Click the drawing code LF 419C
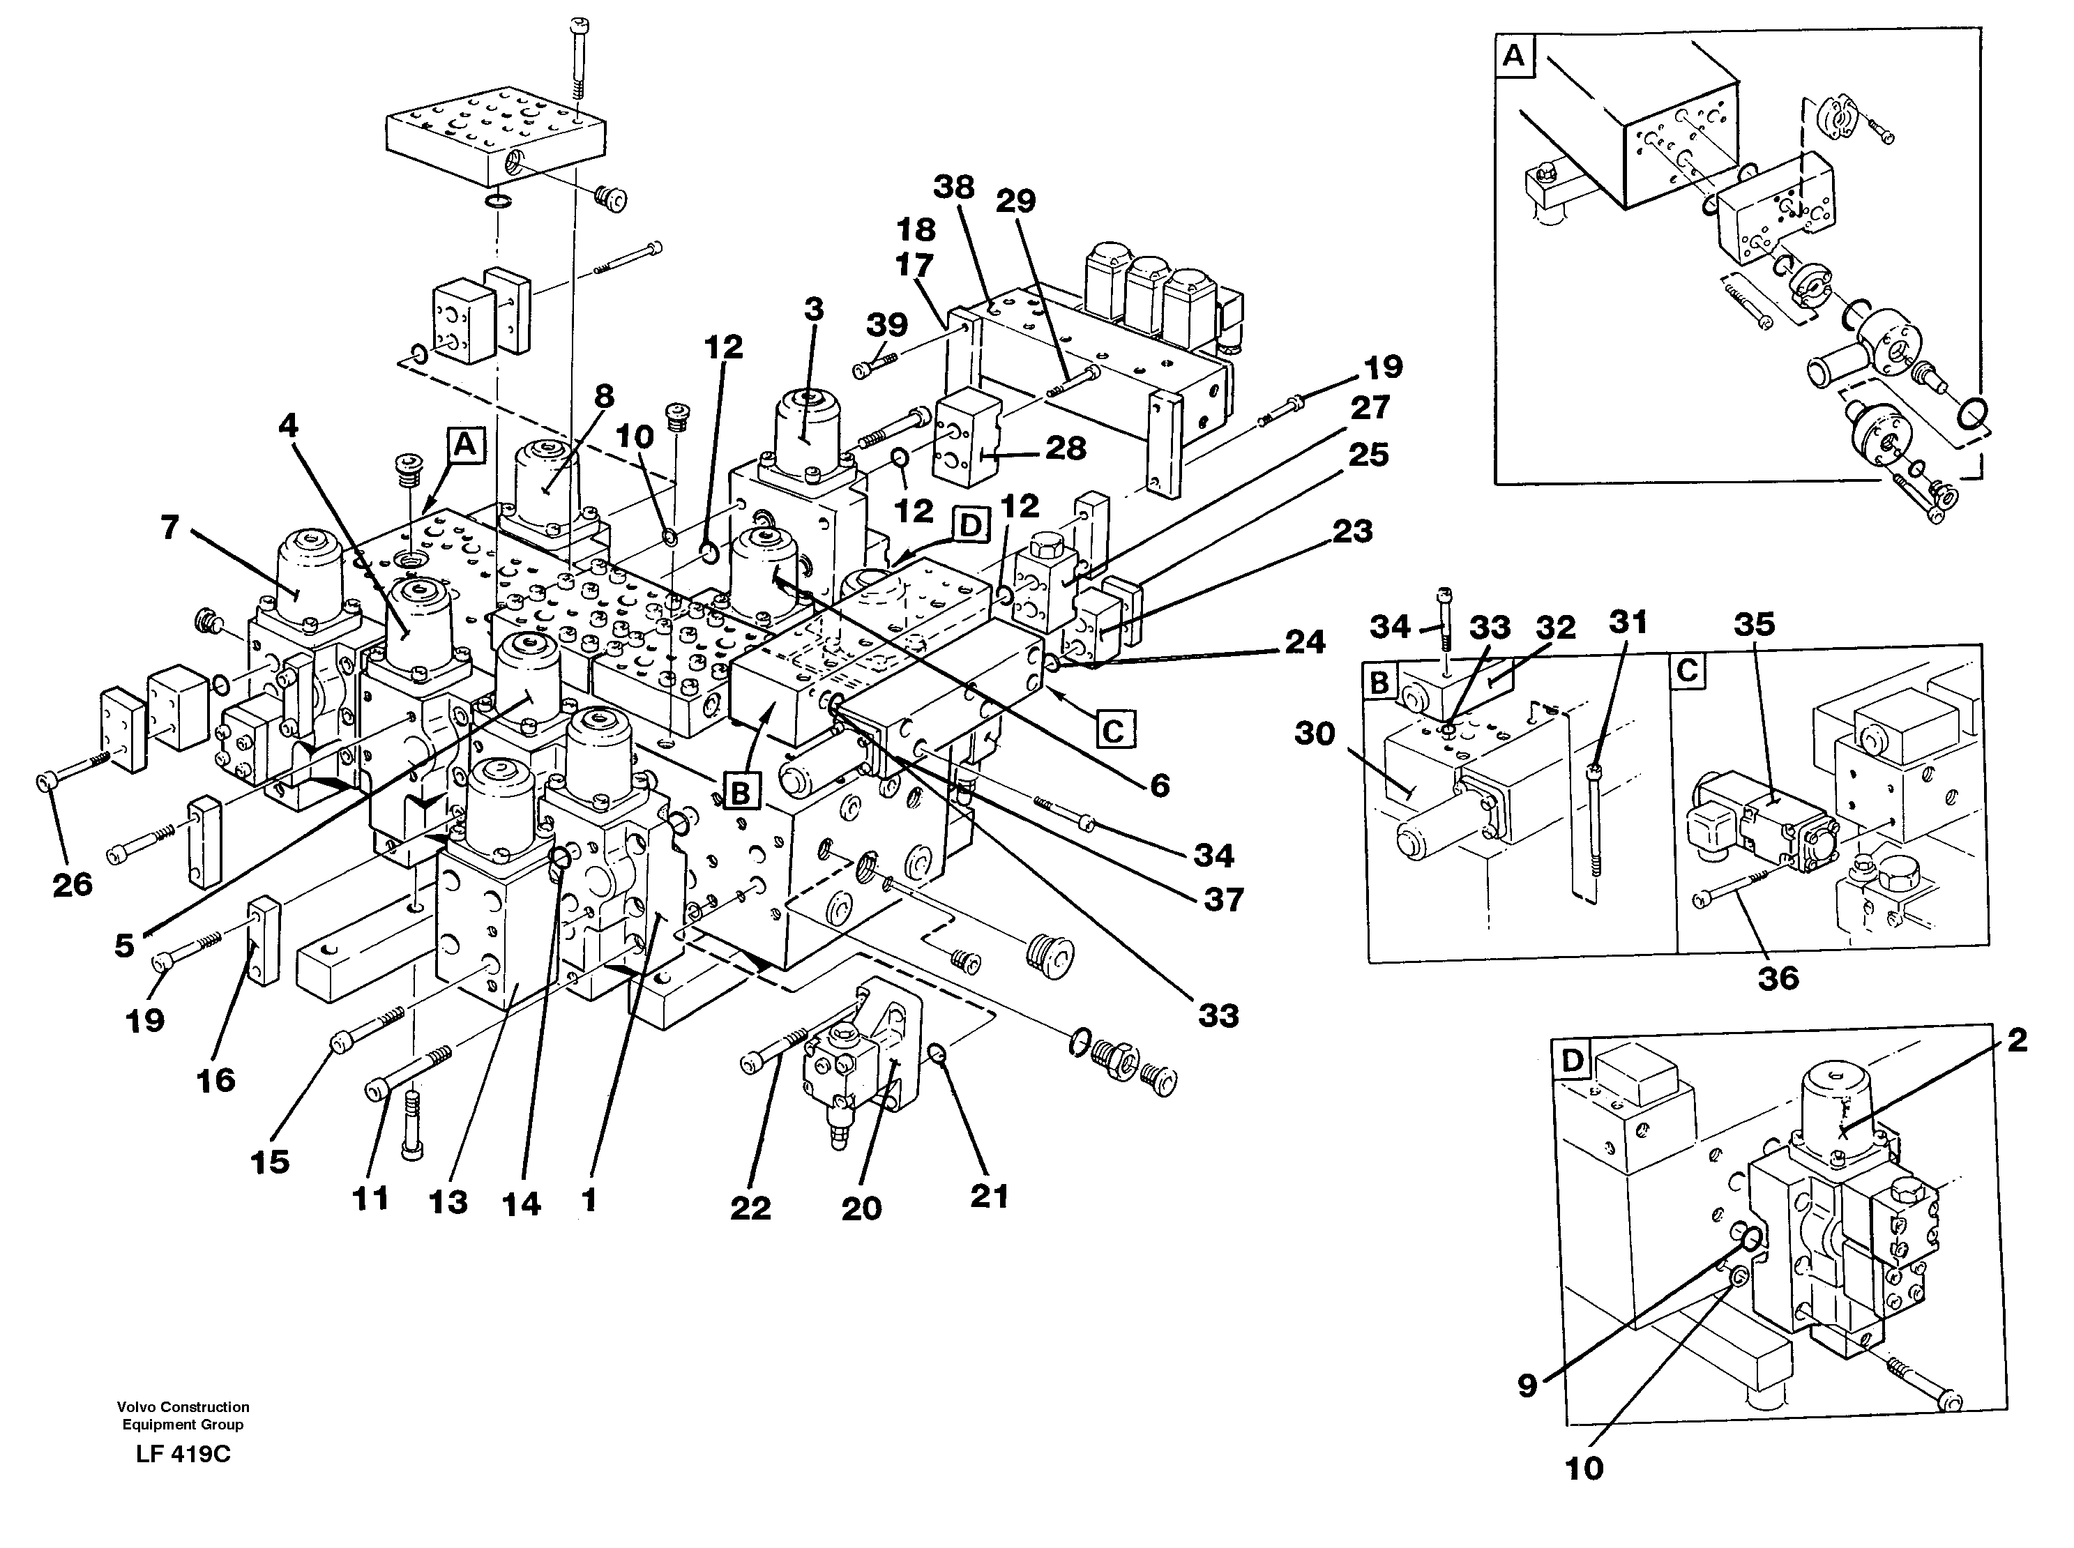(x=182, y=1455)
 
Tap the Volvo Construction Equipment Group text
(x=183, y=1416)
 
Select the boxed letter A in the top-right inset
(x=1513, y=56)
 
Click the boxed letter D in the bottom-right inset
(x=1572, y=1061)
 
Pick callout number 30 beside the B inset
(x=1314, y=733)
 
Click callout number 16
(x=215, y=1079)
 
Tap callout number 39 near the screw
(x=886, y=324)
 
